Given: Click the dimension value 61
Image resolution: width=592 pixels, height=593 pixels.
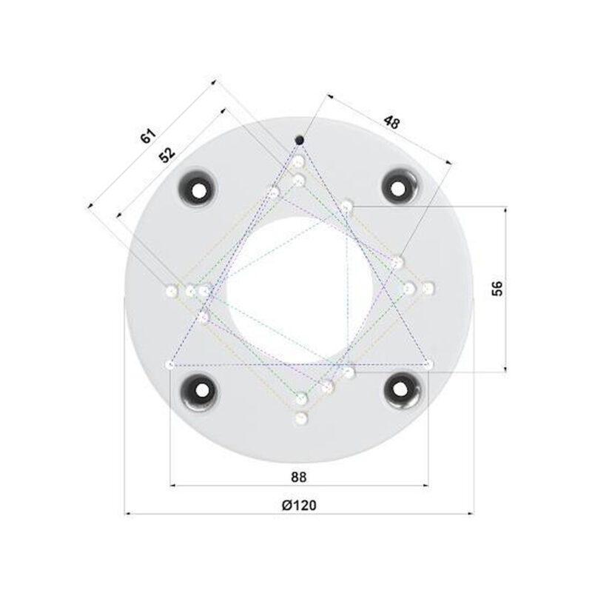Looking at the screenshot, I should pos(149,135).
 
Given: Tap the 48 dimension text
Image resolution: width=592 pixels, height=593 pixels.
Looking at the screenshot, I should pos(391,123).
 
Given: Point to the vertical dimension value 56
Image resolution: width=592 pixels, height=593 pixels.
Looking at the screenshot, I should pos(497,289).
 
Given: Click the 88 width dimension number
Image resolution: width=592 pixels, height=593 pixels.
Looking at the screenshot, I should pos(299,475).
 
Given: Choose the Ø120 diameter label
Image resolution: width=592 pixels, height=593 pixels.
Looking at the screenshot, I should pos(299,504).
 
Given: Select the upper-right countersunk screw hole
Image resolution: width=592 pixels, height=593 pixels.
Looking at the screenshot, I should pos(400,187).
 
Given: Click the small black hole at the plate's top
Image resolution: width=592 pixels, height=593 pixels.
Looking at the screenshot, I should pos(300,140).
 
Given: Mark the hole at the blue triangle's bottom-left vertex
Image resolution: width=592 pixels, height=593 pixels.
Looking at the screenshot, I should pos(171,364).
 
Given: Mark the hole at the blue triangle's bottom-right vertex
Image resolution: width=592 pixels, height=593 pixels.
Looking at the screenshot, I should pos(428,363).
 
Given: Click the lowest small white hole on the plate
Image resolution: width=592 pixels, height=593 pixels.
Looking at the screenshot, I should pos(300,419).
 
